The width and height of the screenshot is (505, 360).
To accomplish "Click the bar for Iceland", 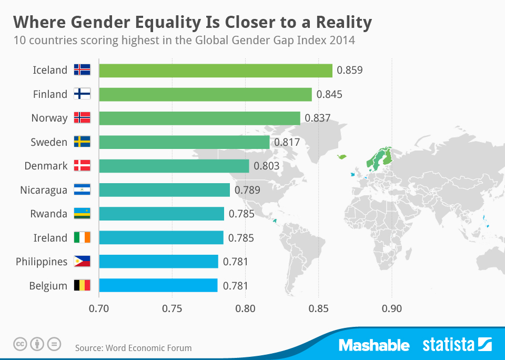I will coord(216,71).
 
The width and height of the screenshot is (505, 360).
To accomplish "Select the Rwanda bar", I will coord(161,214).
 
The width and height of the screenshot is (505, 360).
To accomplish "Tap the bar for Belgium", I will coord(158,286).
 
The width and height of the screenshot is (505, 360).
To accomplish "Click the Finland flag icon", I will coord(82,94).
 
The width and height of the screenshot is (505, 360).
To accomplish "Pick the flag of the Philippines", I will coord(82,262).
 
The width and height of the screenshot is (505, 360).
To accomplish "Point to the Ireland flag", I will coord(82,238).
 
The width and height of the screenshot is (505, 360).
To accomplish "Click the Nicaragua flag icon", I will coord(82,190).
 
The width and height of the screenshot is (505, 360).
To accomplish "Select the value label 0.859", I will coord(350,70).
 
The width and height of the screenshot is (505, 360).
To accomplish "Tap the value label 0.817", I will coord(287,142).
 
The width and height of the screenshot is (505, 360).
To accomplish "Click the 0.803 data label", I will coord(267,166).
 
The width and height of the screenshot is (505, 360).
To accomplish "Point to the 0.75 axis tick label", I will coord(172,308).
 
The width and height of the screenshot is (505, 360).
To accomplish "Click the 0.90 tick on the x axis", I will coord(391,308).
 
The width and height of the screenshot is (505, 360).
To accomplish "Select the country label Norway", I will coord(49,118).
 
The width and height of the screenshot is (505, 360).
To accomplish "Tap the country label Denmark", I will coord(46,166).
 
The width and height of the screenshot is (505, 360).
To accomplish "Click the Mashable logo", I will coord(374,345).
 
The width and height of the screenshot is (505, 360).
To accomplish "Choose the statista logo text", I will coord(448,345).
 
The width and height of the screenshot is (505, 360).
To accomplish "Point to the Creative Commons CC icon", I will coord(20,344).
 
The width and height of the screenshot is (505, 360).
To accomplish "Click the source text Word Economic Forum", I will coord(148,348).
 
